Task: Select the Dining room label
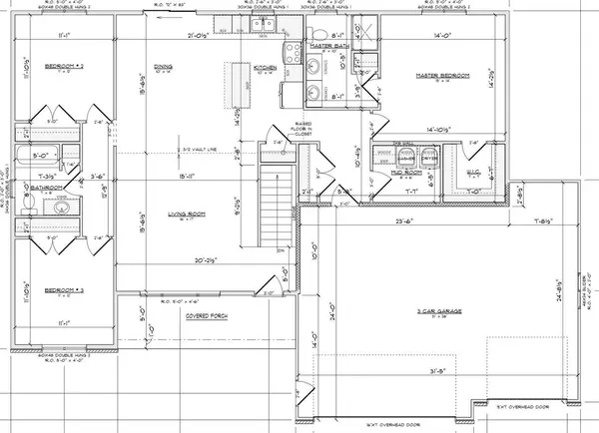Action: pyautogui.click(x=163, y=68)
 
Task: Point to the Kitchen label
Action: pyautogui.click(x=237, y=68)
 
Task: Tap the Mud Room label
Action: pyautogui.click(x=386, y=171)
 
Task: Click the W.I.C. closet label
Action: pyautogui.click(x=473, y=172)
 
